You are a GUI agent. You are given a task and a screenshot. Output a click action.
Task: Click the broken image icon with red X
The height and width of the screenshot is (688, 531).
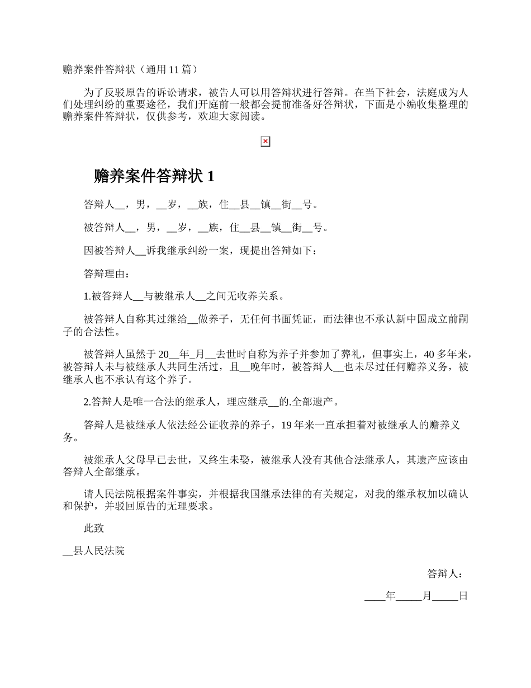[265, 142]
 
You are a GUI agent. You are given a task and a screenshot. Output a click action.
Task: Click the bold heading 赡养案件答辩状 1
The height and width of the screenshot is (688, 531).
[154, 177]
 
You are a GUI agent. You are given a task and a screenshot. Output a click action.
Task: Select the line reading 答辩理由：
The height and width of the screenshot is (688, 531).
[107, 274]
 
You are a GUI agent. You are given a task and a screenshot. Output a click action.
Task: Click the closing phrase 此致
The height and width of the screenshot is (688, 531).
[94, 528]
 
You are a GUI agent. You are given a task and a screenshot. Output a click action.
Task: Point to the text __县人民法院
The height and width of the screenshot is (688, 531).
[94, 551]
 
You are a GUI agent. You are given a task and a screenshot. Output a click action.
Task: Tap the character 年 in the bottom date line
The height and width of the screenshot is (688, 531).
[391, 596]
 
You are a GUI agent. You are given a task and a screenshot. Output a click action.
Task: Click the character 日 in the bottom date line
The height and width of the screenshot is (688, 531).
[463, 596]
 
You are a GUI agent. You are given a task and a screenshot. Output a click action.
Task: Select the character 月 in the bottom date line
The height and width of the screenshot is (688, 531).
[426, 596]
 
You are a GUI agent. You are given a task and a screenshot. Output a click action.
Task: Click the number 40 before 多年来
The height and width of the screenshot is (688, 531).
[429, 354]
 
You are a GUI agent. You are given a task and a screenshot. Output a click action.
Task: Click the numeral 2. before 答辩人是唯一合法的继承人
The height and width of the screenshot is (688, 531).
[87, 402]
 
